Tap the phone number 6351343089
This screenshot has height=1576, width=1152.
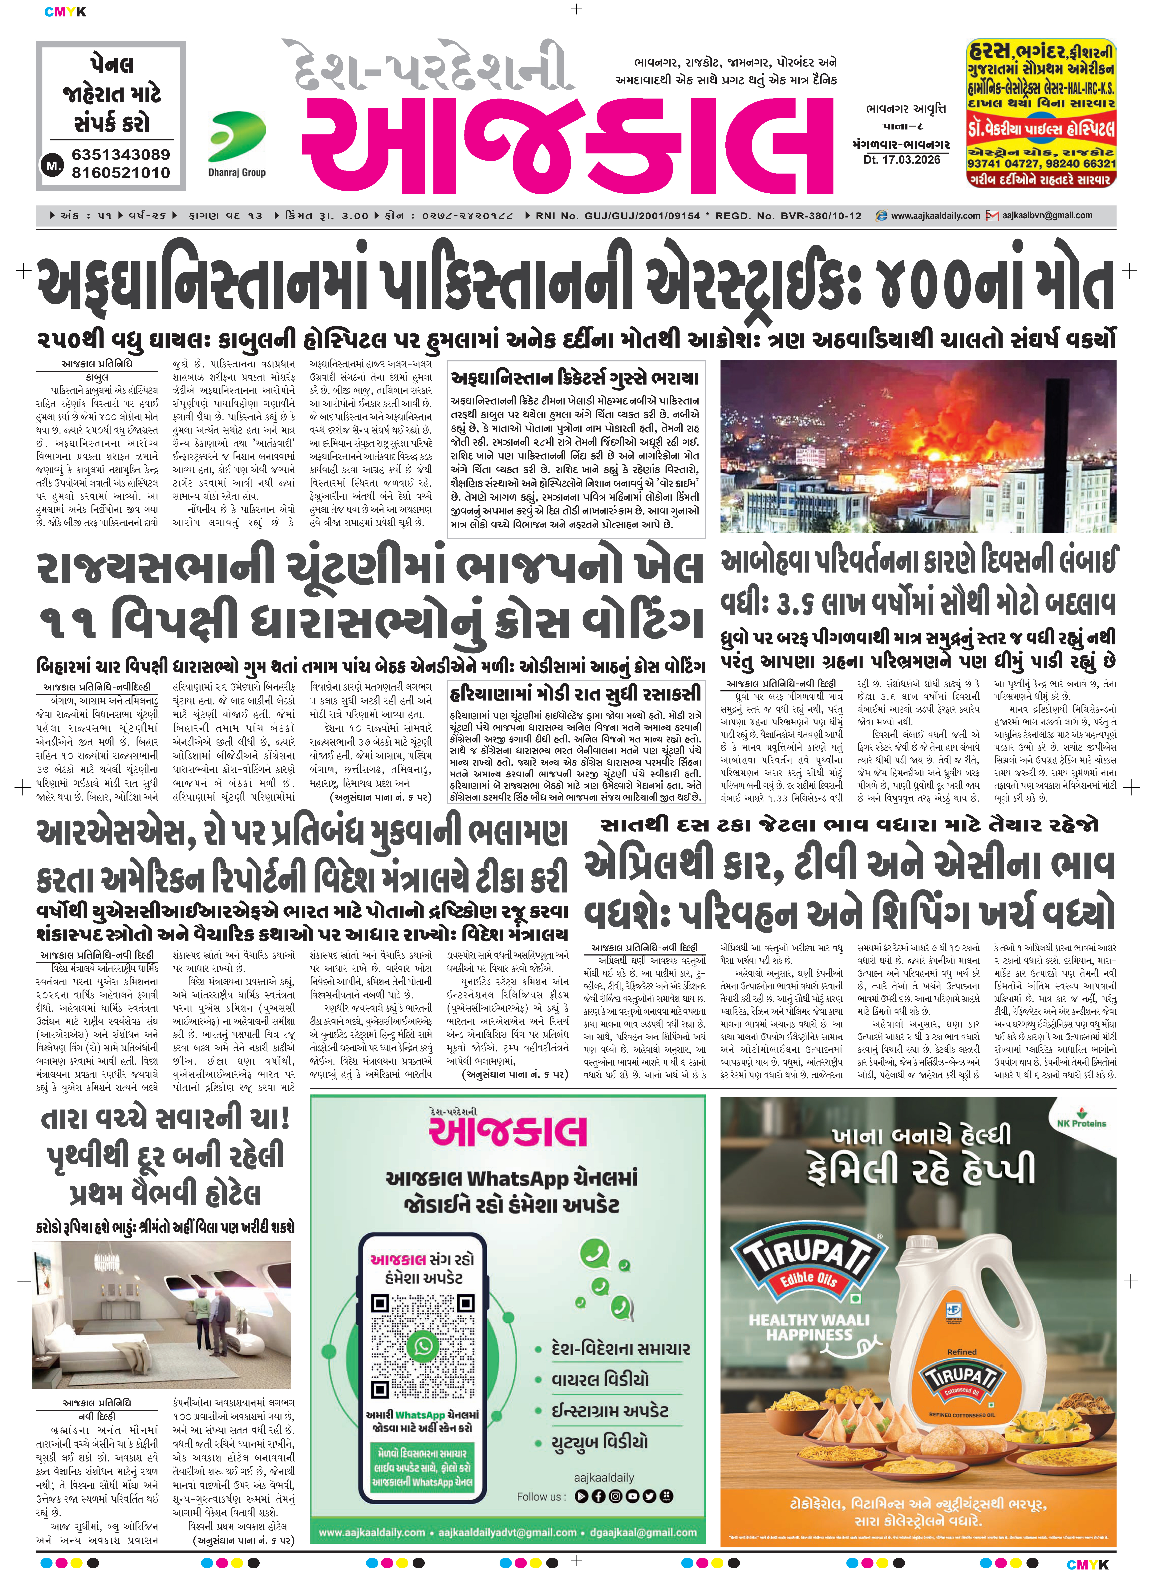(x=121, y=155)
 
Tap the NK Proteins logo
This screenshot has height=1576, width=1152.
(x=1081, y=1120)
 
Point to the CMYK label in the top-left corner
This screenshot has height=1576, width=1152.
(x=65, y=12)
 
